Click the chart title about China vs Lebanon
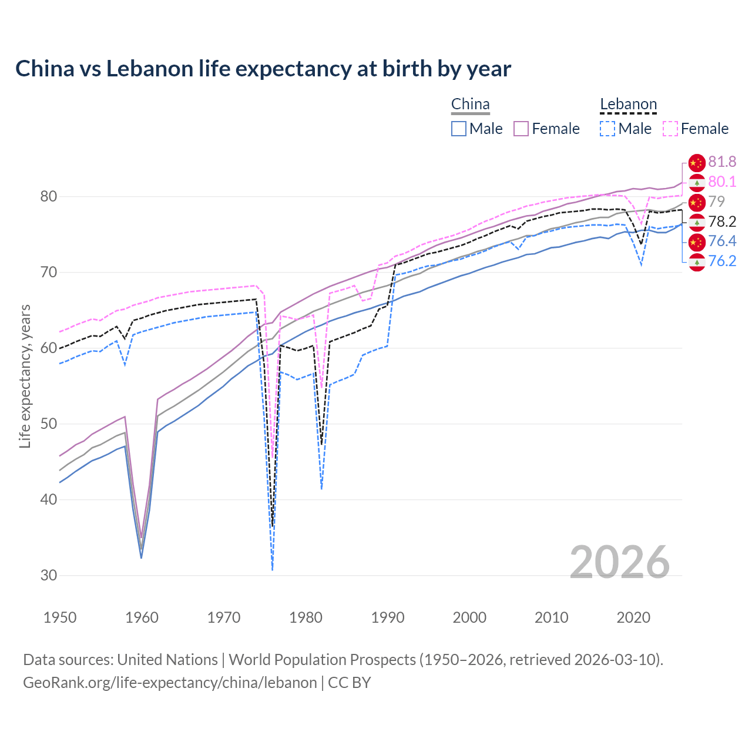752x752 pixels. (x=263, y=69)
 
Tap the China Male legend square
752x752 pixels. (x=459, y=129)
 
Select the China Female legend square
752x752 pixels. (x=522, y=129)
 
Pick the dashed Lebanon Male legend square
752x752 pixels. (x=607, y=129)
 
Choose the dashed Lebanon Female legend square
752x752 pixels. (x=670, y=129)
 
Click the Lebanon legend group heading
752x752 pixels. (x=628, y=105)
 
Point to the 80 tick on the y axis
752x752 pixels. (x=49, y=196)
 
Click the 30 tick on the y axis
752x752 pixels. (x=49, y=575)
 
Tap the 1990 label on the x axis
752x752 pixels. (x=388, y=617)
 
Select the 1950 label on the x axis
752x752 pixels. (x=60, y=617)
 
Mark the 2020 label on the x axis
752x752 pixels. (x=633, y=617)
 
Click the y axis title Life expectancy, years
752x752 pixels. (x=25, y=376)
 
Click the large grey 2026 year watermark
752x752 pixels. (x=619, y=562)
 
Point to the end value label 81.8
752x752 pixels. (x=722, y=162)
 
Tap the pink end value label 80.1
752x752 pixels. (x=722, y=182)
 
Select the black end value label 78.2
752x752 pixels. (x=722, y=221)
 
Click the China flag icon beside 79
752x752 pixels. (x=697, y=202)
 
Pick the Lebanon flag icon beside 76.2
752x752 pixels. (x=697, y=263)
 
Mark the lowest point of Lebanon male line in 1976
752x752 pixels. (x=273, y=569)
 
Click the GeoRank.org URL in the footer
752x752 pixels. (x=170, y=683)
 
